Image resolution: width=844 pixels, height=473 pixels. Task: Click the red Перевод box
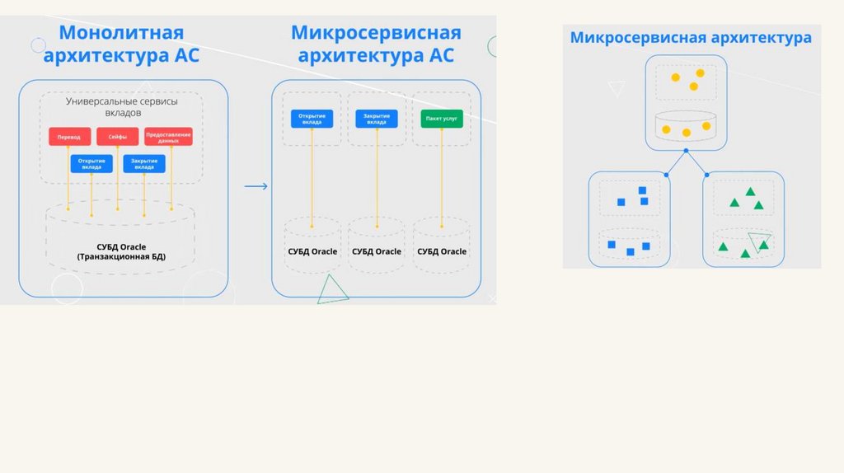tap(69, 137)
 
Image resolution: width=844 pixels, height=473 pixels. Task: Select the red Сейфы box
tap(117, 137)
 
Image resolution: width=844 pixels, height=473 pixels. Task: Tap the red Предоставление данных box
tap(168, 137)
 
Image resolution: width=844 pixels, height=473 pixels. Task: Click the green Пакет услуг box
tap(442, 119)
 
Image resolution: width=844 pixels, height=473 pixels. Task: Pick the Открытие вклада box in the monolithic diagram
tap(91, 164)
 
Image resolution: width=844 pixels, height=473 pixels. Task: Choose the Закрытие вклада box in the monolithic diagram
tap(143, 164)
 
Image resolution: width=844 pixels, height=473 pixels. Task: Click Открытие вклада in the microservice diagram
tap(312, 119)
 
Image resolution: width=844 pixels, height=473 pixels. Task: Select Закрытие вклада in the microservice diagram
tap(377, 119)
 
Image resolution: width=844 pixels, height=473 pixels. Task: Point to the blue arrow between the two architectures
tap(256, 186)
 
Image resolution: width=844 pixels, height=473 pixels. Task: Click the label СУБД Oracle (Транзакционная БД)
tap(121, 251)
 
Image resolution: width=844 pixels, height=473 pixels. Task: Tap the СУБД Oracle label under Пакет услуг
tap(442, 251)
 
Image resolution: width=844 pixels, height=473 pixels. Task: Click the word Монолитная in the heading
tap(121, 34)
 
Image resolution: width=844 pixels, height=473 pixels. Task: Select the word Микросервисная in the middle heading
tap(376, 34)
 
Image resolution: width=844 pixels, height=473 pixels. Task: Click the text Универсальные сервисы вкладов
tap(121, 106)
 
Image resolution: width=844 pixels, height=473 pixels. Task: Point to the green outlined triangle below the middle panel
tap(331, 289)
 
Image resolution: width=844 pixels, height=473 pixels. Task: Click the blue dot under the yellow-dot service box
tap(686, 151)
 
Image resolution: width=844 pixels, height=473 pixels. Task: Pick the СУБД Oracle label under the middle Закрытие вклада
tap(377, 251)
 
